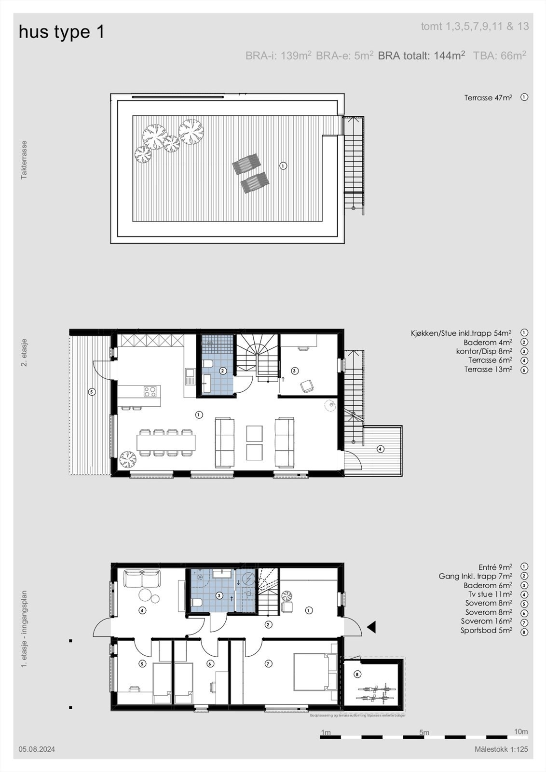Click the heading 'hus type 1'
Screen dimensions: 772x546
coord(61,32)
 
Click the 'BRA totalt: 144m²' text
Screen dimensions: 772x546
coord(421,55)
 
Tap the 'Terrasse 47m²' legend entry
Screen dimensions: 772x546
coord(488,97)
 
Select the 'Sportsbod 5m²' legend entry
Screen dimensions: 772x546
coord(486,630)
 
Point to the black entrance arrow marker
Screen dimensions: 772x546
coord(371,627)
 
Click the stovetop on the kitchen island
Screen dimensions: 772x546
coord(150,391)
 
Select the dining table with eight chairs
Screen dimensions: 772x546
coord(166,442)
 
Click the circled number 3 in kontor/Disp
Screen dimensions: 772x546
coord(295,371)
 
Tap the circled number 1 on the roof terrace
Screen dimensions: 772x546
coord(283,165)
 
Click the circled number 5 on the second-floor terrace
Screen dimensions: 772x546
coord(92,392)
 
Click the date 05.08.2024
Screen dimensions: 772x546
coord(37,749)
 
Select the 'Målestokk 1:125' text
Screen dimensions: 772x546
coord(501,749)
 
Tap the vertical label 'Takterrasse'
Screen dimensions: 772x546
coord(24,160)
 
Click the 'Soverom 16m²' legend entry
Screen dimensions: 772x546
coord(486,621)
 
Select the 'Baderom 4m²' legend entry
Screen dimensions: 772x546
coord(488,342)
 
